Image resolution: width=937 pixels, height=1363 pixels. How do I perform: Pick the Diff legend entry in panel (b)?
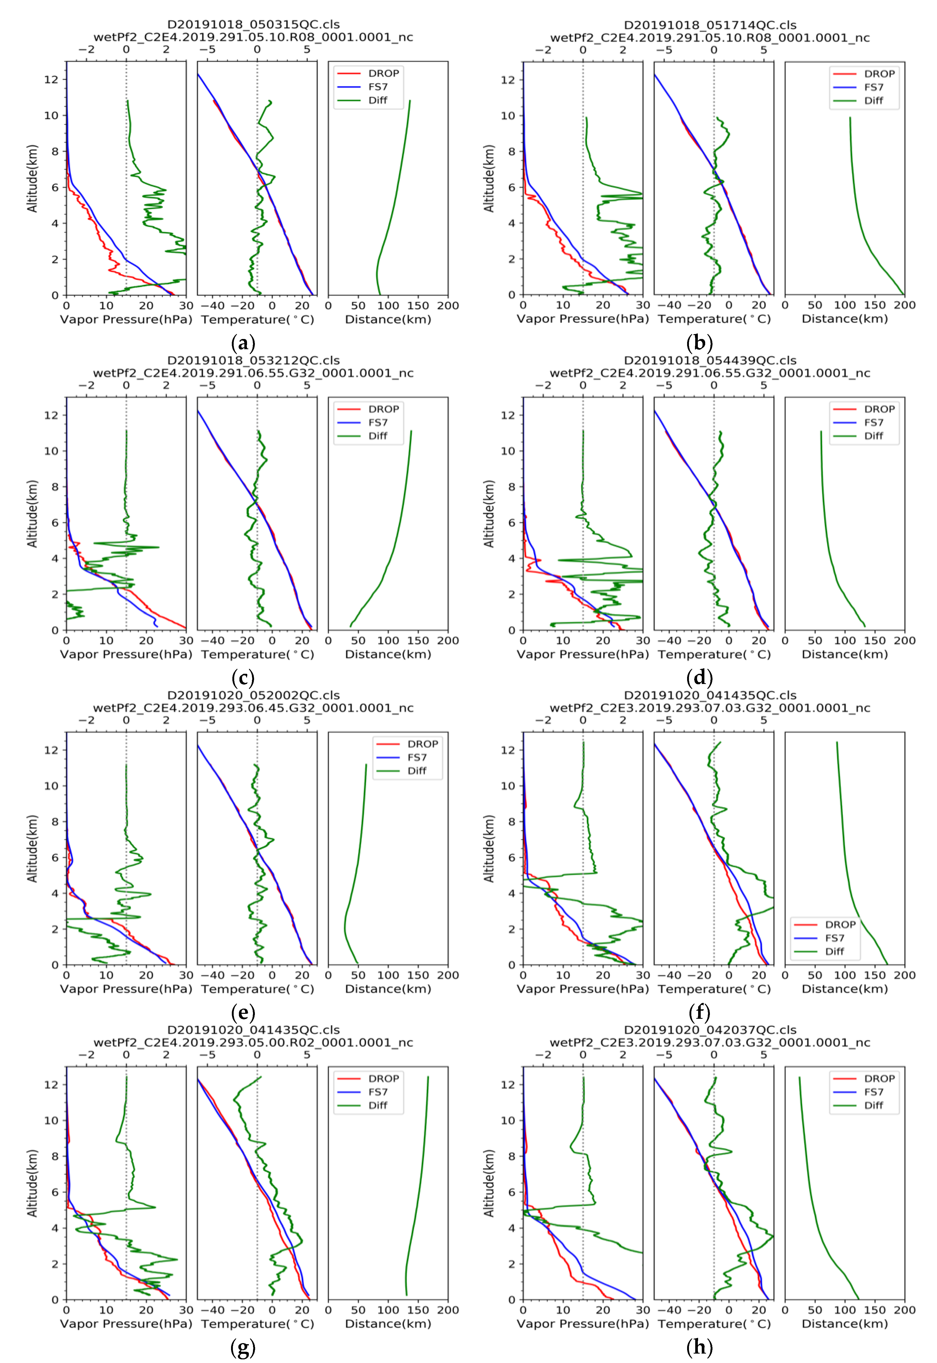point(873,100)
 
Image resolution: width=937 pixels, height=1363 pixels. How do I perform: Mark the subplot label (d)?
point(699,678)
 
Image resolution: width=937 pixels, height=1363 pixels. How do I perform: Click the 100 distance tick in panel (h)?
point(844,1310)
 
